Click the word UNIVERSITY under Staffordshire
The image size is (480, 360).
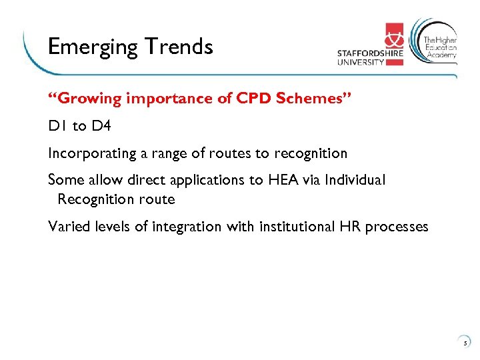click(x=361, y=62)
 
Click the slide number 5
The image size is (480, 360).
click(x=465, y=343)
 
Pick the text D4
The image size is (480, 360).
click(x=103, y=126)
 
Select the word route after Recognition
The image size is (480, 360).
click(x=157, y=199)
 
